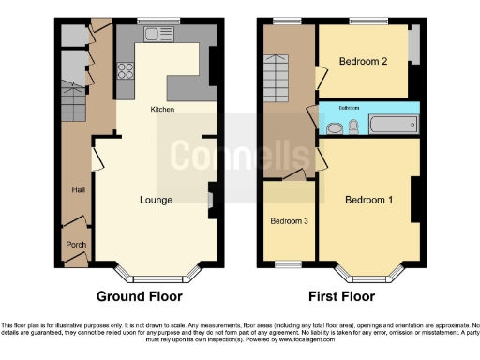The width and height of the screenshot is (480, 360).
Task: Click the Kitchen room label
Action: click(x=163, y=110)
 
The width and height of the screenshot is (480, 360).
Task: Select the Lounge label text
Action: click(x=155, y=200)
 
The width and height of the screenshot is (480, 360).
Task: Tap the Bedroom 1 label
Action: click(x=368, y=200)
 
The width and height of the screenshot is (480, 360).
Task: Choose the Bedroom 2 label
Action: click(x=365, y=63)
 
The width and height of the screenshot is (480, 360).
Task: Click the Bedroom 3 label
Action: click(x=288, y=222)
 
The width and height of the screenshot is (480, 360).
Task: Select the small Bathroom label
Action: click(x=349, y=108)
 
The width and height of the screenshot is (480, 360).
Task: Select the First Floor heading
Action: click(x=337, y=296)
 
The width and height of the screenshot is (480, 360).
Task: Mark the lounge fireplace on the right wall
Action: click(x=211, y=198)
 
